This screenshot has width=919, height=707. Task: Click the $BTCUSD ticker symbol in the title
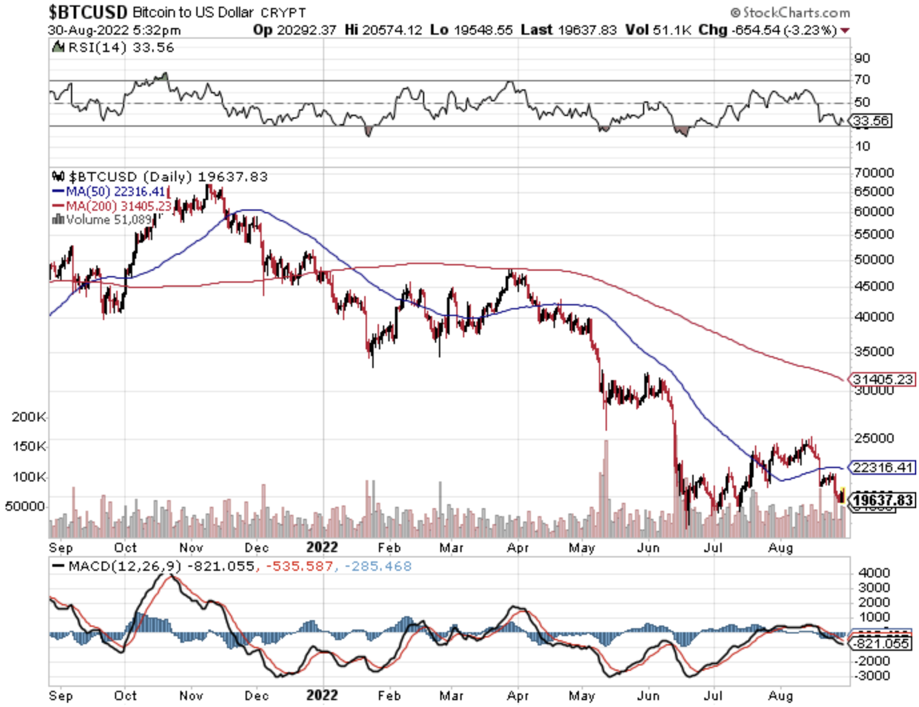click(x=88, y=12)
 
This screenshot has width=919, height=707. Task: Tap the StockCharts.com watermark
click(x=791, y=12)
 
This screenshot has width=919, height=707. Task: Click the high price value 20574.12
click(x=392, y=30)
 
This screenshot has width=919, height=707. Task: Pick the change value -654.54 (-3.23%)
click(x=784, y=30)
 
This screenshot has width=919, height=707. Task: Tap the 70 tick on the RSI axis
click(x=862, y=80)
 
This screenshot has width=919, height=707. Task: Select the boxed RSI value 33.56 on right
click(x=871, y=121)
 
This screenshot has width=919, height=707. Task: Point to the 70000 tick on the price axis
click(x=874, y=173)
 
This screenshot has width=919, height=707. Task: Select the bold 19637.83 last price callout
click(x=884, y=500)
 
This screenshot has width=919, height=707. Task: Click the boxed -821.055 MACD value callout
click(x=882, y=643)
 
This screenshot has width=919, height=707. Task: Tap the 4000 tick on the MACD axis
click(x=874, y=573)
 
